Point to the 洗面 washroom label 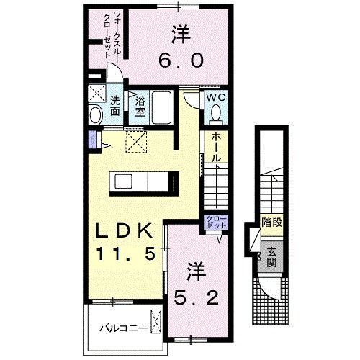click(115, 107)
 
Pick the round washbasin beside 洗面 click(96, 114)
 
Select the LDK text click(122, 232)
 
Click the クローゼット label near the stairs click(216, 221)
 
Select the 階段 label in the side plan click(272, 222)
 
